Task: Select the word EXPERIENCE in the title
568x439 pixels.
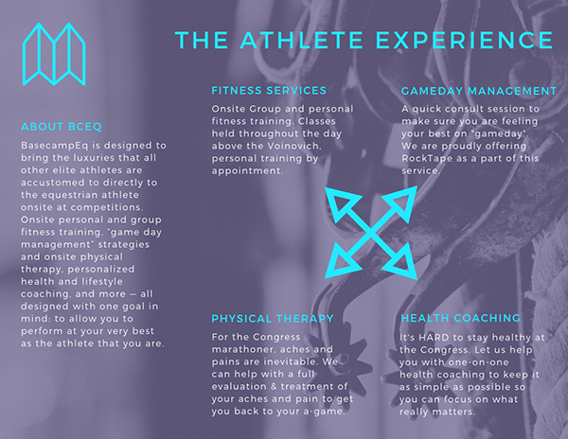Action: tap(465, 40)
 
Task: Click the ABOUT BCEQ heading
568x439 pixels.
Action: tap(62, 127)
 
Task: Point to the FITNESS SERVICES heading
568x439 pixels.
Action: tap(269, 91)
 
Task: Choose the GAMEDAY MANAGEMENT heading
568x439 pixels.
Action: tap(478, 91)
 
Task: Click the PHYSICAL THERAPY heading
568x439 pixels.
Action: tap(273, 319)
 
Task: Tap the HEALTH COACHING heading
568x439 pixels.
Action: tap(460, 318)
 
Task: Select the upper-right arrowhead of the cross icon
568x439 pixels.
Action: tap(400, 202)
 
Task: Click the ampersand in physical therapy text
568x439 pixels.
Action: tap(274, 387)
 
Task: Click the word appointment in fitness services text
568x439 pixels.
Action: tap(247, 171)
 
